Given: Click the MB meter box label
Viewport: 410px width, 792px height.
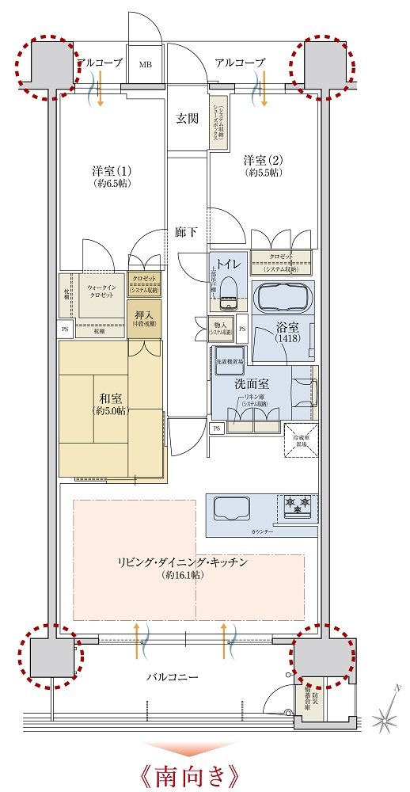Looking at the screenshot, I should tap(146, 64).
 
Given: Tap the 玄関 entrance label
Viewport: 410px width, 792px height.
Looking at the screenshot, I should tap(187, 119).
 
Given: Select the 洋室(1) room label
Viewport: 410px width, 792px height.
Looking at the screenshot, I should tap(111, 172).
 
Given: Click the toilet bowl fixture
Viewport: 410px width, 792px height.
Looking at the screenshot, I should tap(230, 291).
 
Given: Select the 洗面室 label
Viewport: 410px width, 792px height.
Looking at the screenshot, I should tap(252, 383).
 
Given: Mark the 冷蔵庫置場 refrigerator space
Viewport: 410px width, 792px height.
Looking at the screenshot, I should tap(302, 440).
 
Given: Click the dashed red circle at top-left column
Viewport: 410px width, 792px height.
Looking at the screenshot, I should tap(48, 67).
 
